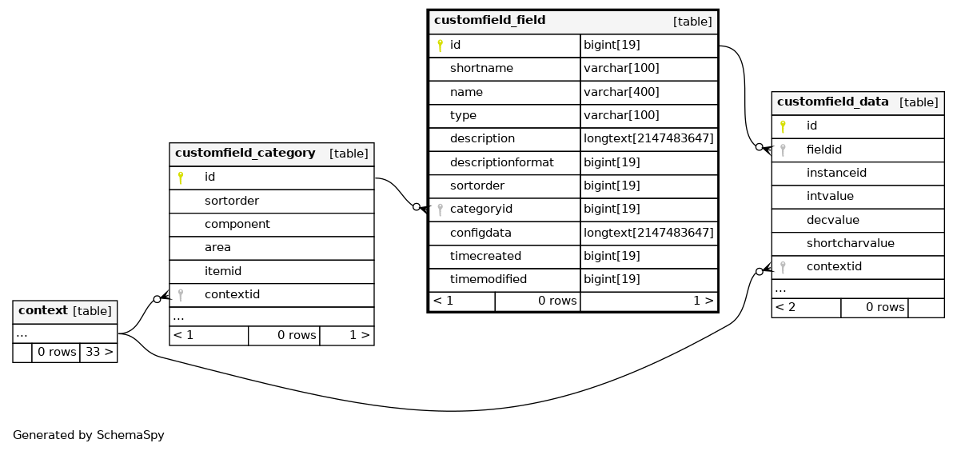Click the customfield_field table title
(488, 21)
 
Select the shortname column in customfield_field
(481, 68)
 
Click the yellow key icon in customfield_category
(180, 178)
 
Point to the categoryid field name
(480, 210)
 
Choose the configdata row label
(480, 233)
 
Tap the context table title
(42, 310)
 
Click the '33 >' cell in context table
(98, 352)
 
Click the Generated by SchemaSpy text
(89, 436)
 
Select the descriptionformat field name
(502, 162)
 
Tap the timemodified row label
(488, 280)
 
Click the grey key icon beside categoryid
(440, 210)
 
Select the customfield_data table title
(832, 102)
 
